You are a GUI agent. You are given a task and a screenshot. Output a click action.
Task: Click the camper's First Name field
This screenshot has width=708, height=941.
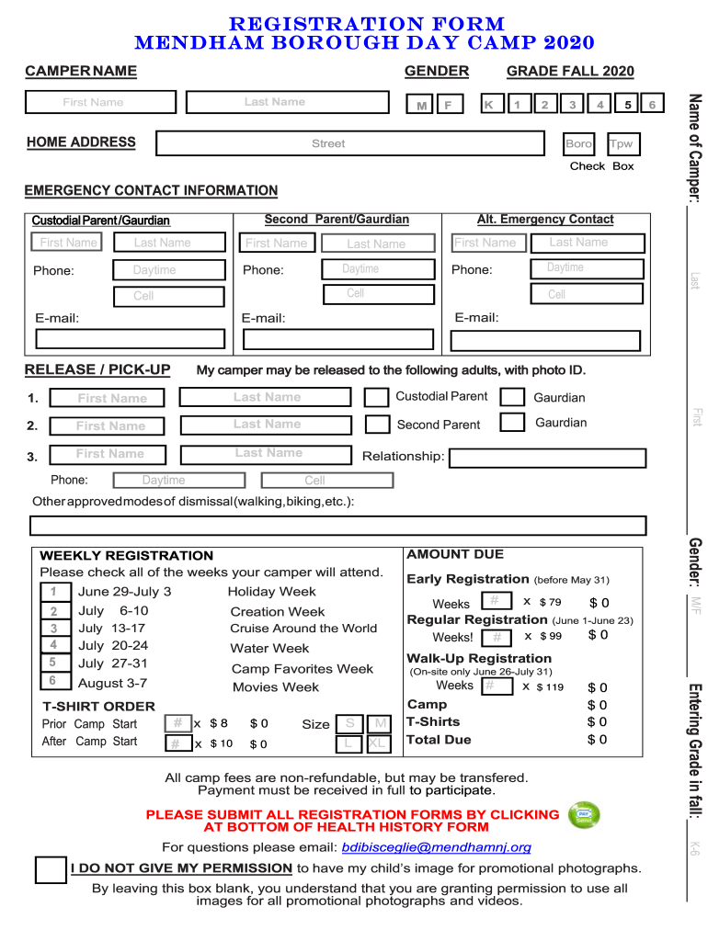[x=94, y=103]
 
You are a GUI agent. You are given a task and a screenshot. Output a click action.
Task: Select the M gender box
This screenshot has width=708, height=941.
[x=421, y=106]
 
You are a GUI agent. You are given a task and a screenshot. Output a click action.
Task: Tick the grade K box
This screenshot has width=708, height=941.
[x=488, y=106]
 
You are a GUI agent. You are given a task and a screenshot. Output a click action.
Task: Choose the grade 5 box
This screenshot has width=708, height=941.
[x=627, y=105]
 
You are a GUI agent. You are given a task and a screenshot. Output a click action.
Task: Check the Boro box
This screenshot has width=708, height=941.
[x=579, y=144]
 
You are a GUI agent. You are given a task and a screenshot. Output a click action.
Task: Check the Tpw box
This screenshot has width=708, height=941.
[x=622, y=144]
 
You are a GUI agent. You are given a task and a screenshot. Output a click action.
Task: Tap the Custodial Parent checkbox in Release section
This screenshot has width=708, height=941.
[x=376, y=397]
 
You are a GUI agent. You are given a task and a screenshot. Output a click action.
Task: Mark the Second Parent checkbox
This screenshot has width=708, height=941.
[x=377, y=425]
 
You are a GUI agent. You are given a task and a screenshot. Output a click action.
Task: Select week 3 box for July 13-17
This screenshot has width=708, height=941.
[x=54, y=629]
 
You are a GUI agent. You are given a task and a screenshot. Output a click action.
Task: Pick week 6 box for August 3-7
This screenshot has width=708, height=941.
[x=54, y=682]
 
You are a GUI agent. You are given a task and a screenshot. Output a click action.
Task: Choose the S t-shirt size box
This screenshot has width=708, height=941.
[x=349, y=724]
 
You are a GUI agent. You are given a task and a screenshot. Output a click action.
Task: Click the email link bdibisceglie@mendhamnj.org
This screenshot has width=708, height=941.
[x=437, y=847]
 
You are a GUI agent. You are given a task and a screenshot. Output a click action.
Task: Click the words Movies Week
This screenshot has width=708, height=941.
[x=276, y=687]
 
